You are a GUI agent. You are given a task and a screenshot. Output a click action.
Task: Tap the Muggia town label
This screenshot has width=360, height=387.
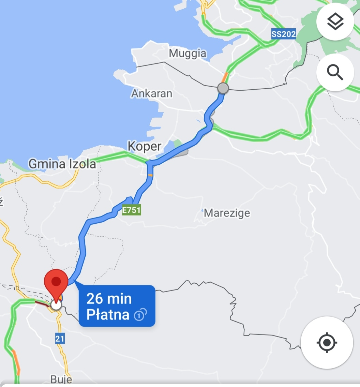click(x=187, y=54)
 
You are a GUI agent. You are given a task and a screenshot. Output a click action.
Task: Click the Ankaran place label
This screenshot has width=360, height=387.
click(x=152, y=93)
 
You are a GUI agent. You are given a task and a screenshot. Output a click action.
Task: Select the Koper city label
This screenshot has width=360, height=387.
click(x=144, y=146)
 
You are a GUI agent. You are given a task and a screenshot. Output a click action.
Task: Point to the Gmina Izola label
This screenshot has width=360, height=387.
click(x=62, y=164)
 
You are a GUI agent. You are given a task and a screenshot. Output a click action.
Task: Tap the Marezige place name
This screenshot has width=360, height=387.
click(x=227, y=213)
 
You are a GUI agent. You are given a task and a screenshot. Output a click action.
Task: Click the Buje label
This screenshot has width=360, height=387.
click(x=61, y=379)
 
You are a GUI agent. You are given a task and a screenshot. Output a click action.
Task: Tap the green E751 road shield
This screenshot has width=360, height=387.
click(x=132, y=210)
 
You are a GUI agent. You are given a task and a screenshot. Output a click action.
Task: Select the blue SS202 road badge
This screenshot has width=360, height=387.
click(x=284, y=34)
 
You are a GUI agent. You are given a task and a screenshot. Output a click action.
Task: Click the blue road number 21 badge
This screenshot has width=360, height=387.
click(x=60, y=339)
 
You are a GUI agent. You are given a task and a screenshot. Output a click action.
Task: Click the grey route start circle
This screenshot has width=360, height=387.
click(x=223, y=88)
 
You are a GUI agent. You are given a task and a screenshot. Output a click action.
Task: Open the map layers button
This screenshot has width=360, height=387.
click(x=335, y=22)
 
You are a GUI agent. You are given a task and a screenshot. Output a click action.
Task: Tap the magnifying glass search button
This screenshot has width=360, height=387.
click(x=335, y=72)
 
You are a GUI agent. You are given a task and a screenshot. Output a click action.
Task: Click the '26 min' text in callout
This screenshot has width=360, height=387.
click(x=109, y=298)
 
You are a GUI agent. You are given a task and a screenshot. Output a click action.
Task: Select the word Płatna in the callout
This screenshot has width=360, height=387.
click(x=108, y=314)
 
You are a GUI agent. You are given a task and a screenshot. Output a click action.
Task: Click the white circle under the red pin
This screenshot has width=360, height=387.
click(x=56, y=304)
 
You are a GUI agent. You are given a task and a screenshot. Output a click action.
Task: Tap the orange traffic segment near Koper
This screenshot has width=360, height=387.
click(x=150, y=175)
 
